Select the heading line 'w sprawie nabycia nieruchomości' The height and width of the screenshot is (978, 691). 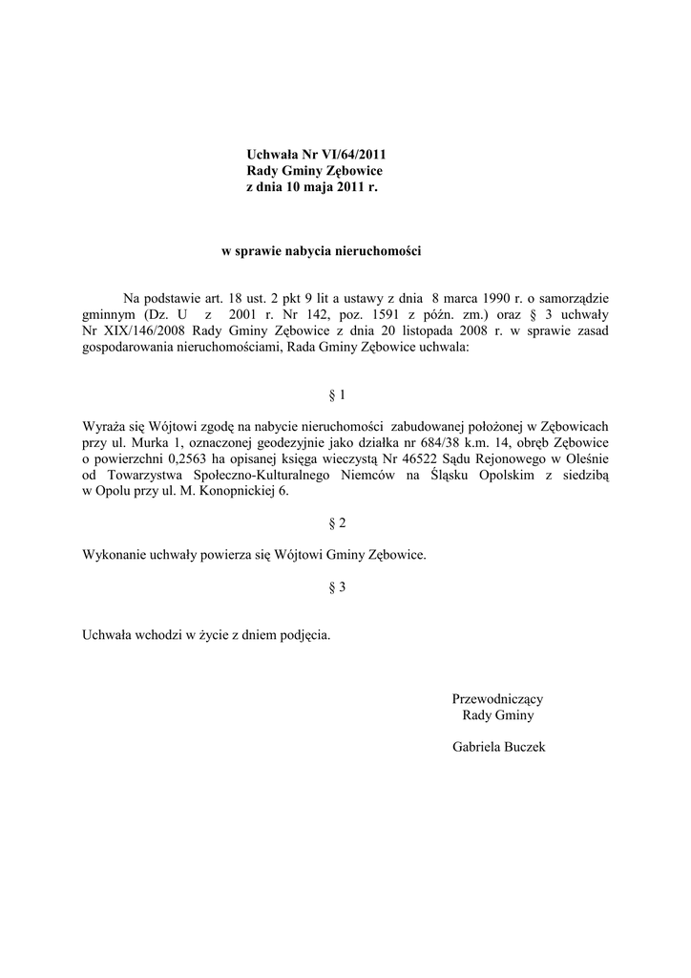click(x=321, y=251)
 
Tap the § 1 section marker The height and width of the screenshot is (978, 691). click(x=336, y=393)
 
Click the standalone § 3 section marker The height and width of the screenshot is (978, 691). click(x=336, y=587)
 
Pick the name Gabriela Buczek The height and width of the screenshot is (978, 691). click(x=497, y=748)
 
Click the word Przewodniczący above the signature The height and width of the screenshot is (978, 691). click(x=497, y=699)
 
